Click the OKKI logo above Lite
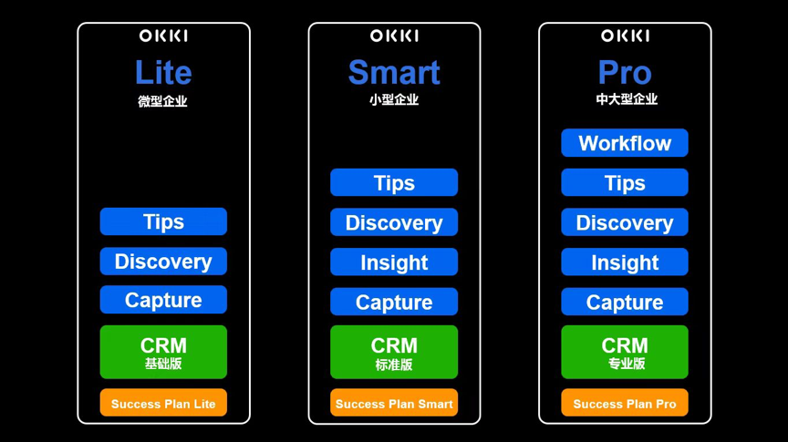click(163, 36)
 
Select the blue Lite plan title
click(163, 72)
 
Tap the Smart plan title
click(394, 72)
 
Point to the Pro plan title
click(625, 72)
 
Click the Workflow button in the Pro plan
click(625, 143)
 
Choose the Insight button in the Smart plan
click(394, 262)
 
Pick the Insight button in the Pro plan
click(625, 262)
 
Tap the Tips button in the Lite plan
click(163, 221)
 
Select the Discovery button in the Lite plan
click(163, 262)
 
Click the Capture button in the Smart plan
click(394, 302)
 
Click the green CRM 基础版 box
click(163, 352)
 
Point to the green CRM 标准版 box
click(394, 352)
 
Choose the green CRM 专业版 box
click(625, 352)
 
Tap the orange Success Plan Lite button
click(163, 403)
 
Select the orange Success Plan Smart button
click(394, 403)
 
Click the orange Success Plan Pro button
click(625, 403)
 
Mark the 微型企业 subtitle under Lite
click(163, 101)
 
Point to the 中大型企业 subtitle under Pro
click(627, 99)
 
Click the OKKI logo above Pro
click(625, 36)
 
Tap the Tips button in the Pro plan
click(625, 182)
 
